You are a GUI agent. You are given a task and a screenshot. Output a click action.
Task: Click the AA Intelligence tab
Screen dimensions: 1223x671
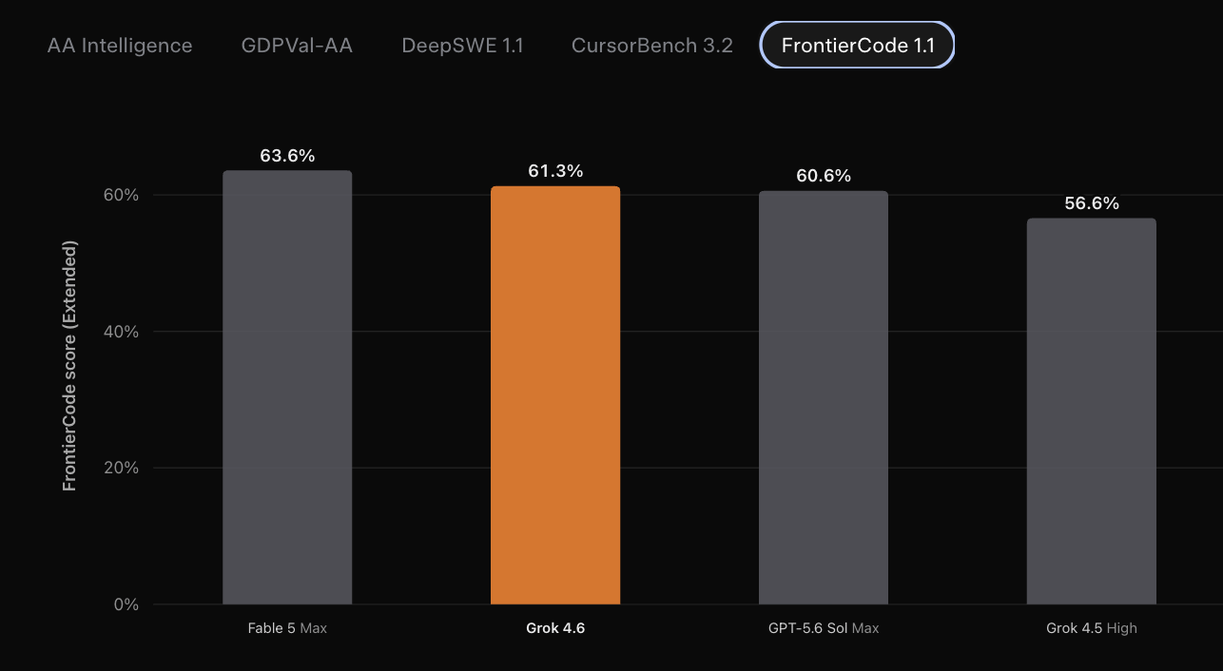tap(120, 46)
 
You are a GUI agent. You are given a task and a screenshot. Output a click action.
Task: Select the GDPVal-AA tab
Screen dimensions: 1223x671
tap(297, 46)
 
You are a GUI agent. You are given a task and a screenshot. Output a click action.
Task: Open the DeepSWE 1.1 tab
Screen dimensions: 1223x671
tap(462, 46)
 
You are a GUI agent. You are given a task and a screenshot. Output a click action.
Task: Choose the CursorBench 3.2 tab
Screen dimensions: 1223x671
tap(651, 46)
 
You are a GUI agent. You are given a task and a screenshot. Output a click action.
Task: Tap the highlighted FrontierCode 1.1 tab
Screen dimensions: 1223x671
tap(857, 46)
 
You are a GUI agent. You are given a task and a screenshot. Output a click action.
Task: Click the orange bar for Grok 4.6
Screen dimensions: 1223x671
tap(555, 395)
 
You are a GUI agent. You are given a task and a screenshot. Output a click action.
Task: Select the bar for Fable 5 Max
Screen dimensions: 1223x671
tap(287, 388)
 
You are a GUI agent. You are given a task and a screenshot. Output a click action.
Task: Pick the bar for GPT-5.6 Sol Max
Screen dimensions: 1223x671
tap(824, 397)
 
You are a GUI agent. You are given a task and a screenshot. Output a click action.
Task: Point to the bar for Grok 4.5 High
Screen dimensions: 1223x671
tap(1092, 412)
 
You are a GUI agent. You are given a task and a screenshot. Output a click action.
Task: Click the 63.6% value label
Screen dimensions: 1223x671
tap(287, 156)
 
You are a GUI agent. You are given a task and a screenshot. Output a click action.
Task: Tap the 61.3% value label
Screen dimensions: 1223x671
tap(555, 171)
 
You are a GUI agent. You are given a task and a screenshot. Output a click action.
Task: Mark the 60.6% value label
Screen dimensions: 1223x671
tap(824, 176)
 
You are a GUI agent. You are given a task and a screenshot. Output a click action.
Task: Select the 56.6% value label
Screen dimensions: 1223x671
tap(1092, 203)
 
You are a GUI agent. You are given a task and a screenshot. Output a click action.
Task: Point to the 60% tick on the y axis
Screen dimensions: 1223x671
tap(121, 195)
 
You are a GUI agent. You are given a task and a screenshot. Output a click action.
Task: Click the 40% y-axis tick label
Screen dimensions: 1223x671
tap(121, 331)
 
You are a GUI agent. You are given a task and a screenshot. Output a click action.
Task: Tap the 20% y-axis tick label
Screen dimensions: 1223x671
tap(121, 468)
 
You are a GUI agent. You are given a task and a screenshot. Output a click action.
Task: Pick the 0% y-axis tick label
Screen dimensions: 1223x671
tap(126, 604)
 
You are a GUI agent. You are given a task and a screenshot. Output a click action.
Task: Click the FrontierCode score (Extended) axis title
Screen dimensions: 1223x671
tap(69, 366)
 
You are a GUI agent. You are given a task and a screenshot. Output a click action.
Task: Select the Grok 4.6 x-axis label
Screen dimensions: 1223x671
tap(555, 628)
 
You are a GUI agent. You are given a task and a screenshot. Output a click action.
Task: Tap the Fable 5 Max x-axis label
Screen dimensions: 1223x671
tap(287, 628)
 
